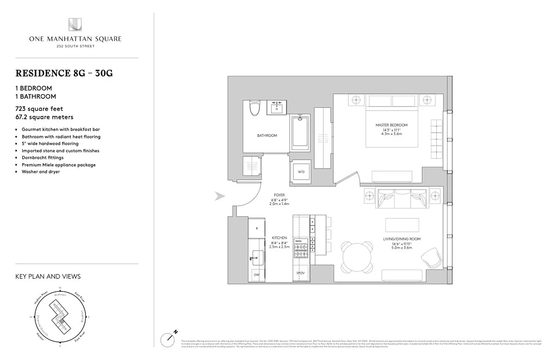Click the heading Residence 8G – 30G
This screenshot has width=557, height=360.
pos(64,73)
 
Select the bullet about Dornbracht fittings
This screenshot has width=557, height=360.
pos(43,158)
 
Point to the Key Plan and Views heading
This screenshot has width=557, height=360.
pos(48,276)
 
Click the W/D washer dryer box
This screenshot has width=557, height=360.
pos(301,172)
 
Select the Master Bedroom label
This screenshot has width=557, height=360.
pos(392,125)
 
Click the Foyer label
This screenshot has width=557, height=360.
pos(279,195)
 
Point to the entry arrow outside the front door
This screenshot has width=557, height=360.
pos(219,197)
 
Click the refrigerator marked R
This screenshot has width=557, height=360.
pos(256,228)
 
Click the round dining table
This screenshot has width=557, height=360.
pos(357,257)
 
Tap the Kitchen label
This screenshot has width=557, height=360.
pos(279,238)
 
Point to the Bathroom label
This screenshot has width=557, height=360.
pos(267,135)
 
